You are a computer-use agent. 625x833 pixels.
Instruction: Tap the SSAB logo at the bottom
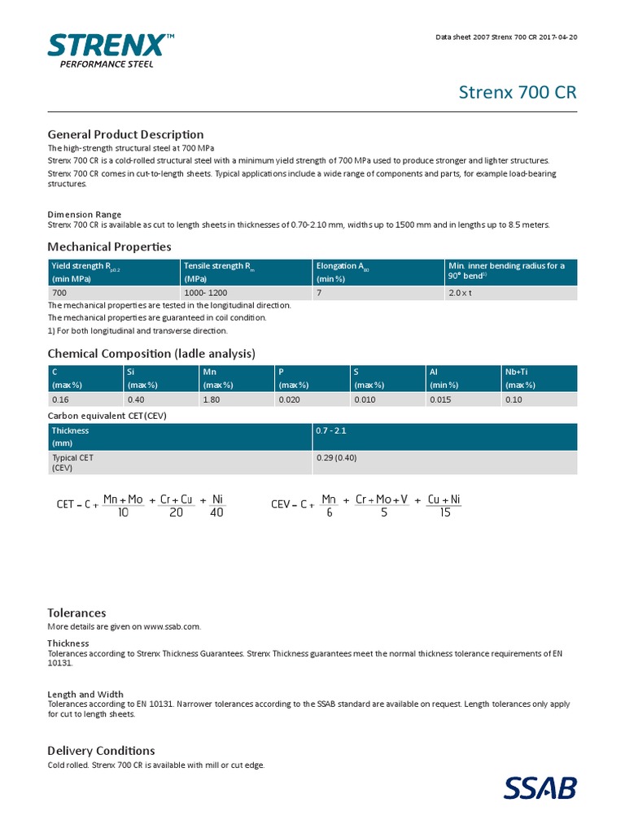(540, 787)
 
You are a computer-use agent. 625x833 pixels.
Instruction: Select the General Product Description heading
(125, 134)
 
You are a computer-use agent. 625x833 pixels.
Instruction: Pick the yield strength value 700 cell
(59, 293)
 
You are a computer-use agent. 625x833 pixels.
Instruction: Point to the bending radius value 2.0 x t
(461, 293)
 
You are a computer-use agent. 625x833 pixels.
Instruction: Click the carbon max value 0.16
(61, 399)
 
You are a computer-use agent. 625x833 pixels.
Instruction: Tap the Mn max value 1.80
(212, 399)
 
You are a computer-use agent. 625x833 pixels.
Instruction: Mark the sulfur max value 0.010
(365, 399)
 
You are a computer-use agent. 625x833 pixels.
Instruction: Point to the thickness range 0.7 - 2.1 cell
(331, 430)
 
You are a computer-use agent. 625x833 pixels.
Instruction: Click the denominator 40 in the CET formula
(216, 513)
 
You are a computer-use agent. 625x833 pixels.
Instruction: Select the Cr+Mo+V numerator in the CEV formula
(382, 499)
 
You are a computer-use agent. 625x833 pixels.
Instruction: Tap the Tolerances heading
(76, 613)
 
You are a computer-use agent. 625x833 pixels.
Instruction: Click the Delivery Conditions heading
(101, 750)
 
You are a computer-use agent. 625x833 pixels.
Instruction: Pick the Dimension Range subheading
(84, 215)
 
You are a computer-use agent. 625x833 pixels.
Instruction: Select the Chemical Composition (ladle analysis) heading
(151, 353)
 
